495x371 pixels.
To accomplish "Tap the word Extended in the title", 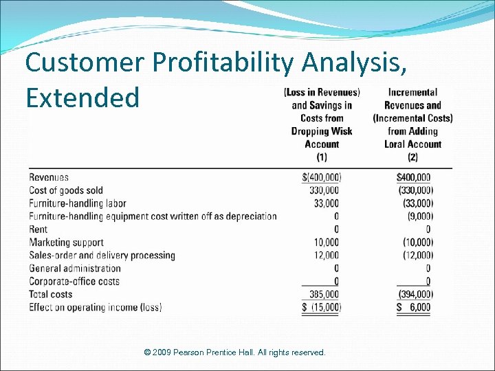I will (x=82, y=97).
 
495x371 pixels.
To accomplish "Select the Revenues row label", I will (x=49, y=177).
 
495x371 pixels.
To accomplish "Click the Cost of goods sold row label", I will (x=66, y=190).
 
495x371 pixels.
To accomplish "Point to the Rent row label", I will (x=38, y=229).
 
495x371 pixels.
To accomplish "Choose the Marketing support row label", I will (x=67, y=243).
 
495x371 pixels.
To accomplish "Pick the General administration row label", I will (x=75, y=269).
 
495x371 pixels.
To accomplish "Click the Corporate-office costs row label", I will (x=74, y=281).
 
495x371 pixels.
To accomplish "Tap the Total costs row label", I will (x=51, y=294).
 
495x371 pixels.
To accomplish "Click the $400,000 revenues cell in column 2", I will (x=414, y=177).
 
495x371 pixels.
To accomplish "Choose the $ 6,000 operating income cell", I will (x=414, y=307).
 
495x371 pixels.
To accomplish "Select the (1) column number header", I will (x=322, y=157).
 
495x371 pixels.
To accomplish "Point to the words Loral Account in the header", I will (x=412, y=144).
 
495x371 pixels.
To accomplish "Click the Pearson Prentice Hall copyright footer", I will (x=234, y=352).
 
